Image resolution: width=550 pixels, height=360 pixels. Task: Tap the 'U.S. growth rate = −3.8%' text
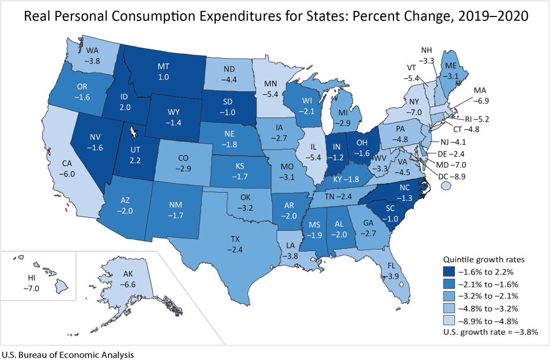coord(490,332)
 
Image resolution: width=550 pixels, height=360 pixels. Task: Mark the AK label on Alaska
coord(127,275)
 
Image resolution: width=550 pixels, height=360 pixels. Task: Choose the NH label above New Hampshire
coord(426,50)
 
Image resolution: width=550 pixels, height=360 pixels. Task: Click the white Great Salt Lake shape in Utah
coord(134,134)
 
